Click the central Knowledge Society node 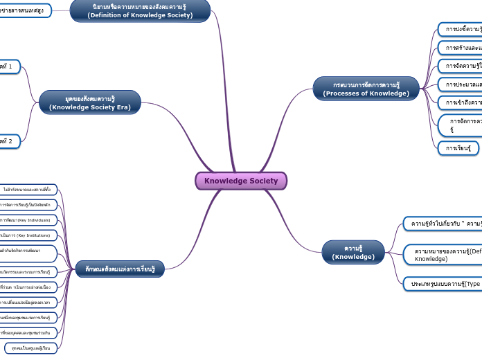240,181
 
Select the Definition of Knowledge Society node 140,10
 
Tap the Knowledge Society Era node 90,103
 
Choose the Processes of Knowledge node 366,89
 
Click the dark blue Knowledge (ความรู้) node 353,252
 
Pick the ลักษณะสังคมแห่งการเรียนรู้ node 120,269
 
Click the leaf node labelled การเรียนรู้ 458,148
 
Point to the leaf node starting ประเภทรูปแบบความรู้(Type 443,284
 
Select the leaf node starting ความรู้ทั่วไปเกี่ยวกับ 443,224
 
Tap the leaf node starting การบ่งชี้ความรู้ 461,29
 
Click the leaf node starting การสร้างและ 461,48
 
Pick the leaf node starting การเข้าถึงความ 461,102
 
